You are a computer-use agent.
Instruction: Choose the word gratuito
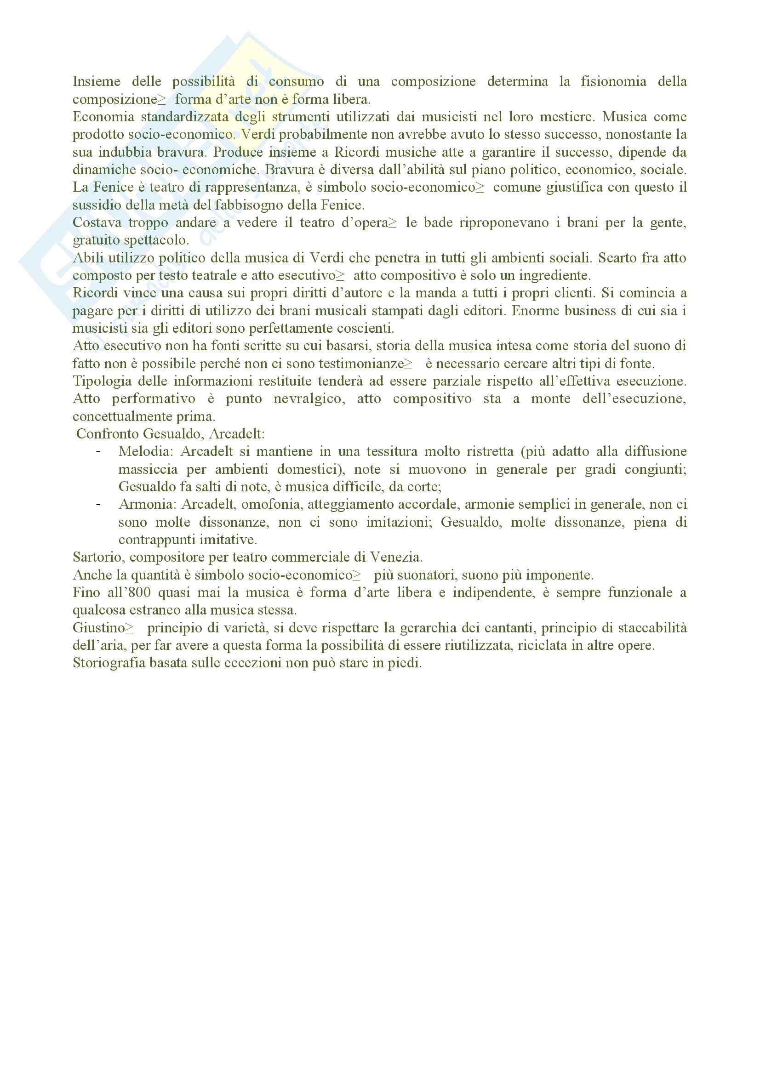tap(96, 240)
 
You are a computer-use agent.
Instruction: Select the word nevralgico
tap(309, 399)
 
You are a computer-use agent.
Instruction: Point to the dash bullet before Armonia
tap(98, 505)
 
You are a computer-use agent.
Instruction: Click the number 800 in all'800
tap(141, 593)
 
